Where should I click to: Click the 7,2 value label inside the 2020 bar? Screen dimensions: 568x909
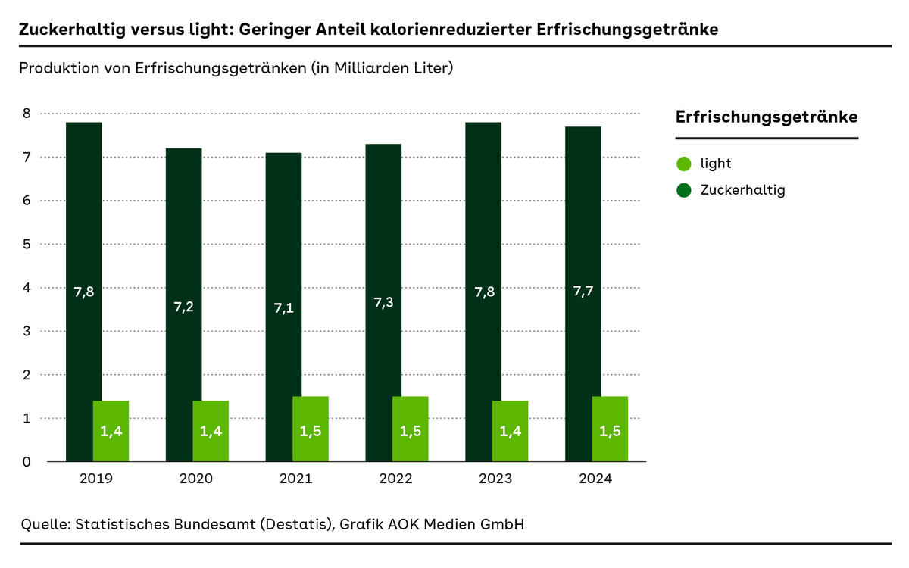click(x=183, y=307)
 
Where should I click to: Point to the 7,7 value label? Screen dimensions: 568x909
click(x=583, y=292)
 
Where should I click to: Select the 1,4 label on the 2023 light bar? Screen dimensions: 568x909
click(x=511, y=432)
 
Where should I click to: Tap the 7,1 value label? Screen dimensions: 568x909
click(x=283, y=309)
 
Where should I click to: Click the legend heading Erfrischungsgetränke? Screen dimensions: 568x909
click(x=766, y=117)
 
